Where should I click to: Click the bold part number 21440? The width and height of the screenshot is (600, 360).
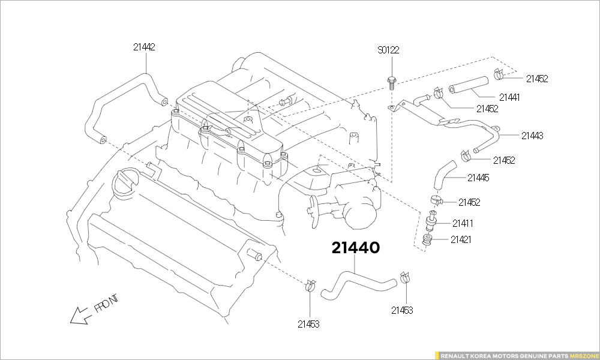tap(355, 247)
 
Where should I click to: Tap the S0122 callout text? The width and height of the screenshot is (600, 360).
tap(388, 50)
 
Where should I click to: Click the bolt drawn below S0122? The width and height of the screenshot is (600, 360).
tap(391, 81)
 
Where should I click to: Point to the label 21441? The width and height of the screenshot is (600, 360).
tap(509, 97)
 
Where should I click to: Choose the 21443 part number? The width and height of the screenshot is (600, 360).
tap(532, 136)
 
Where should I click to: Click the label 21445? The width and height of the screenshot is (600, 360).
tap(478, 178)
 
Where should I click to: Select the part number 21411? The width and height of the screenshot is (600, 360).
tap(463, 223)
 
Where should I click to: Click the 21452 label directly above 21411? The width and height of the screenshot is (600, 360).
tap(469, 203)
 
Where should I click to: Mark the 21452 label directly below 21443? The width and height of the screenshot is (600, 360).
tap(504, 160)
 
